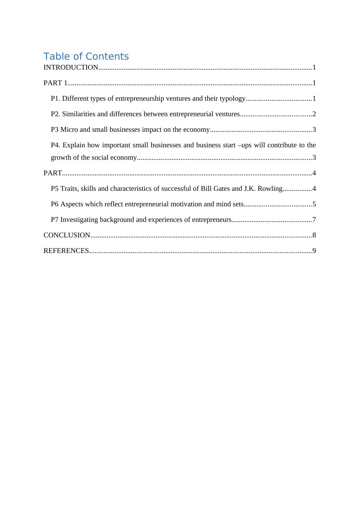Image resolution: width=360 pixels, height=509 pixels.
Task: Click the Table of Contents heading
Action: pos(86,57)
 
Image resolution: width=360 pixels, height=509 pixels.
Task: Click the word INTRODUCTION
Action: pos(71,67)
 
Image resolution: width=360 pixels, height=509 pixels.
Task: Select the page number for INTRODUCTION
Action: pos(314,67)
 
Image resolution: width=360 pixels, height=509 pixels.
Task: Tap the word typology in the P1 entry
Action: pos(233,99)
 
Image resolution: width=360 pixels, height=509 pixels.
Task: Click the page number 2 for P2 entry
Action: pos(314,114)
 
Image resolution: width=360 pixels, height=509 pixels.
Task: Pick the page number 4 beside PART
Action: pos(314,173)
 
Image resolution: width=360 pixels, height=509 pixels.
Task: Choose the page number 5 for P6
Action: pos(314,204)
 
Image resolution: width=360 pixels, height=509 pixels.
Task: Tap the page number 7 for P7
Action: pos(314,220)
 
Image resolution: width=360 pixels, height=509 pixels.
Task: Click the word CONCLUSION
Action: pos(67,235)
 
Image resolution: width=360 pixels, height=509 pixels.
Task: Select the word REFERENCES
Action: pos(66,251)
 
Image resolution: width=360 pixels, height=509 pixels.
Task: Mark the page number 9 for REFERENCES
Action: pos(314,251)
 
